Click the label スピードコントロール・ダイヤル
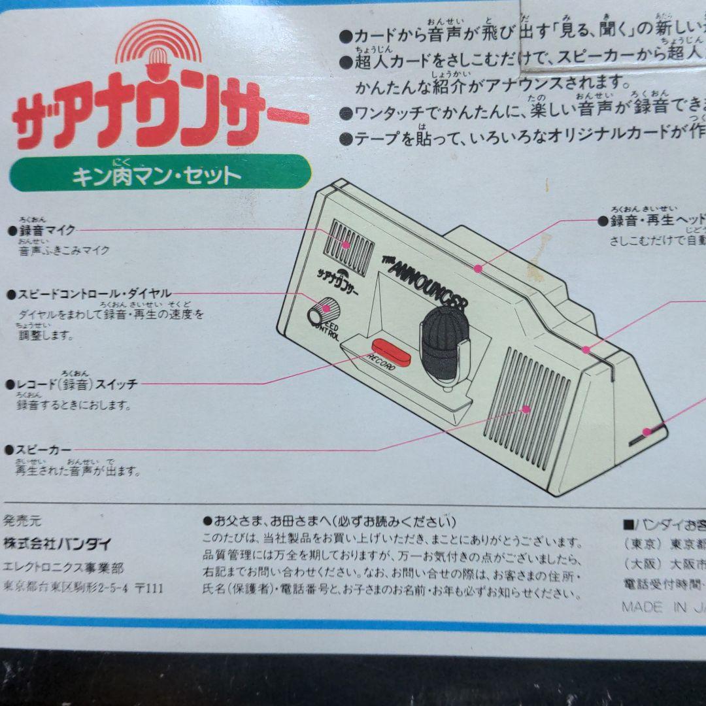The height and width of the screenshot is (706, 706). coord(93,294)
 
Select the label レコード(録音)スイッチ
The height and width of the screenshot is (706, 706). coord(76,384)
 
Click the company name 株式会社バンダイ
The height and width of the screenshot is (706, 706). coord(58,543)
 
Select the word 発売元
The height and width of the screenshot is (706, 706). coord(23,521)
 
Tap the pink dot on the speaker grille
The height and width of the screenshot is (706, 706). coord(526,409)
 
